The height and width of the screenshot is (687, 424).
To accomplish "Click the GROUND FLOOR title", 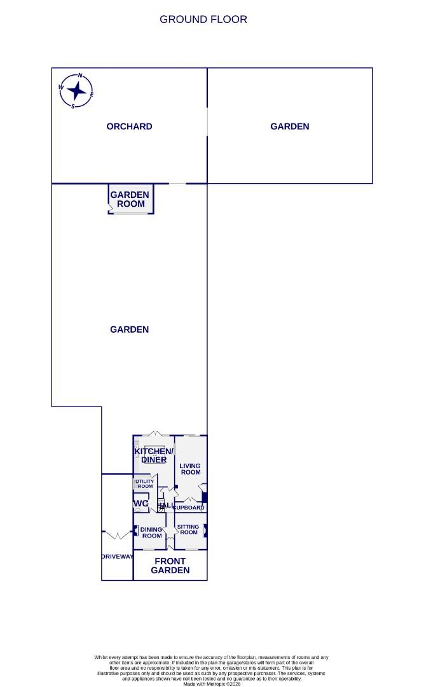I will pyautogui.click(x=203, y=19).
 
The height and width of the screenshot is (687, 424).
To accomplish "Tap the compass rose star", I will pyautogui.click(x=77, y=92).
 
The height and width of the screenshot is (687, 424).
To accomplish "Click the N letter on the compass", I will pyautogui.click(x=80, y=76).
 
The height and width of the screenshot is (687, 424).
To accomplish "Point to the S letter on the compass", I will pyautogui.click(x=73, y=106).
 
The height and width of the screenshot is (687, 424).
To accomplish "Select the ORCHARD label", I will pyautogui.click(x=130, y=127).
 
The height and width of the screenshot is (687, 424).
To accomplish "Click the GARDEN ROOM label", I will pyautogui.click(x=130, y=199).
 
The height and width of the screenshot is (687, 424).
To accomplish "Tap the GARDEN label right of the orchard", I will pyautogui.click(x=290, y=127).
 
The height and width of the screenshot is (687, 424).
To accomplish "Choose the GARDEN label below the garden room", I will pyautogui.click(x=130, y=330).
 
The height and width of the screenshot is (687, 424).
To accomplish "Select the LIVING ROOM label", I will pyautogui.click(x=191, y=469).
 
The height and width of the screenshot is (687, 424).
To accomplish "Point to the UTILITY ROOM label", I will pyautogui.click(x=144, y=484).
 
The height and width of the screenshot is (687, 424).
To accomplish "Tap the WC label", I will pyautogui.click(x=140, y=504).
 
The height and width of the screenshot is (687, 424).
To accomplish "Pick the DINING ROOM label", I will pyautogui.click(x=152, y=532).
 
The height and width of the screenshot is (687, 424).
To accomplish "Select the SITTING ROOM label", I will pyautogui.click(x=189, y=529).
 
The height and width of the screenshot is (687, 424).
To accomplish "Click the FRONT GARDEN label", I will pyautogui.click(x=170, y=566).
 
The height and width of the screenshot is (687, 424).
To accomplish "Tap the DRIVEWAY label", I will pyautogui.click(x=117, y=557).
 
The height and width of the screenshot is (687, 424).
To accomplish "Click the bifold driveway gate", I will pyautogui.click(x=117, y=534).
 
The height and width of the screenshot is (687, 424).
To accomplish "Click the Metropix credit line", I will pyautogui.click(x=212, y=684).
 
